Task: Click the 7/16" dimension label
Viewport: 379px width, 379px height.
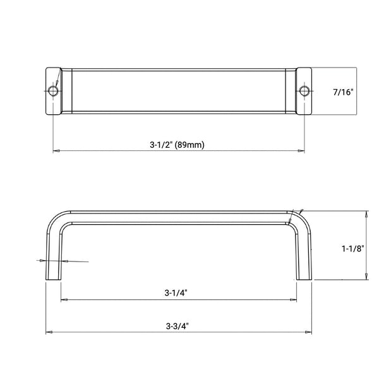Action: coord(343,92)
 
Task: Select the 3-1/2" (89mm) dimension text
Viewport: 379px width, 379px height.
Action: coord(177,145)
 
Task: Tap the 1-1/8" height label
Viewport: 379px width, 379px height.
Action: coord(353,249)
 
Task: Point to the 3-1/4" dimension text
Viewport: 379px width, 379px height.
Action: coord(176,293)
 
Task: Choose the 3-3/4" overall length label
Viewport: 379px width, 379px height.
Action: coord(177,327)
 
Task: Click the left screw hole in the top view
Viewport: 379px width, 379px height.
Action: coord(53,91)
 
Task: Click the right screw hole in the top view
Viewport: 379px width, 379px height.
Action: coord(304,91)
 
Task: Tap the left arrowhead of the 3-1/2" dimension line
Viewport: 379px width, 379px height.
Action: coord(56,151)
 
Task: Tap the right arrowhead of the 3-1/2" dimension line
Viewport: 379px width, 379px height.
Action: coord(301,151)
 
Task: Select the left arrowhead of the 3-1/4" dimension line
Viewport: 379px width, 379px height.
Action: coord(64,299)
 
